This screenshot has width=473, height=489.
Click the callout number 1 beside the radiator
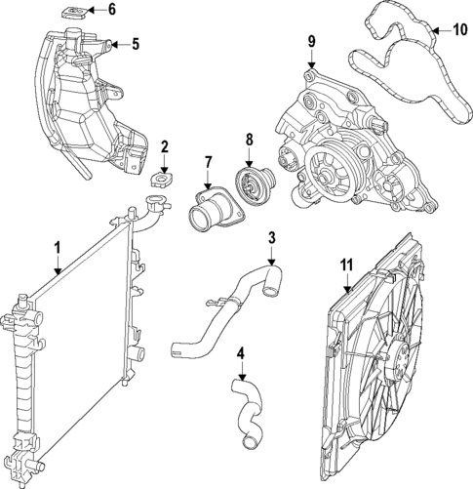58,248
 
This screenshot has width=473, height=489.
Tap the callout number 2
165,148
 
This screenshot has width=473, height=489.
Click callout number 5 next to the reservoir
135,44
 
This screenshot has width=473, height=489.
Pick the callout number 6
110,11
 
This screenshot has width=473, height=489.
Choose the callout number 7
208,162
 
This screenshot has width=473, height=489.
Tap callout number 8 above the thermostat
250,140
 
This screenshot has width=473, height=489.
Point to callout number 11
345,263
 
